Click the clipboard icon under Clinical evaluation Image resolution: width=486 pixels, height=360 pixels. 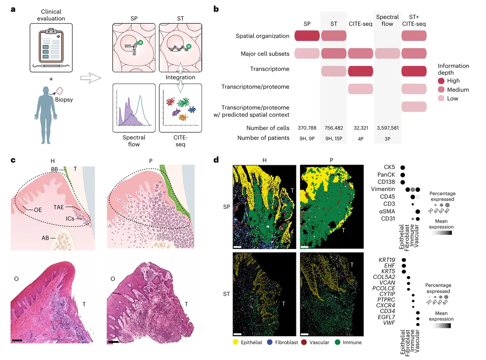tap(51, 47)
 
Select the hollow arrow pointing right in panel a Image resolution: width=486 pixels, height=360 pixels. tap(90, 77)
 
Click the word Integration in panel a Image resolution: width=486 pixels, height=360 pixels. tap(180, 77)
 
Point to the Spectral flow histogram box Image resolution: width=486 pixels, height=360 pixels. tap(134, 107)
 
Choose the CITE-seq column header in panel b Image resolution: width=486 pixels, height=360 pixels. tap(360, 24)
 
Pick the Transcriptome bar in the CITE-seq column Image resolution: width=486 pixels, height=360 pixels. tap(360, 71)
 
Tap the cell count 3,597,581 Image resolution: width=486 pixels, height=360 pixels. tap(387, 128)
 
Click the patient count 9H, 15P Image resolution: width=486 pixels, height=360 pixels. tap(333, 138)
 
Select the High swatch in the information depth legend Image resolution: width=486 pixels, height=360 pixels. tap(442, 81)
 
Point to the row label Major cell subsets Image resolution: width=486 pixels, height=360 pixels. tap(265, 54)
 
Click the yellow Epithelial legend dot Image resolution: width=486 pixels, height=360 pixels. tap(235, 343)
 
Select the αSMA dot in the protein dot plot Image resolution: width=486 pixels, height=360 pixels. tap(418, 211)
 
